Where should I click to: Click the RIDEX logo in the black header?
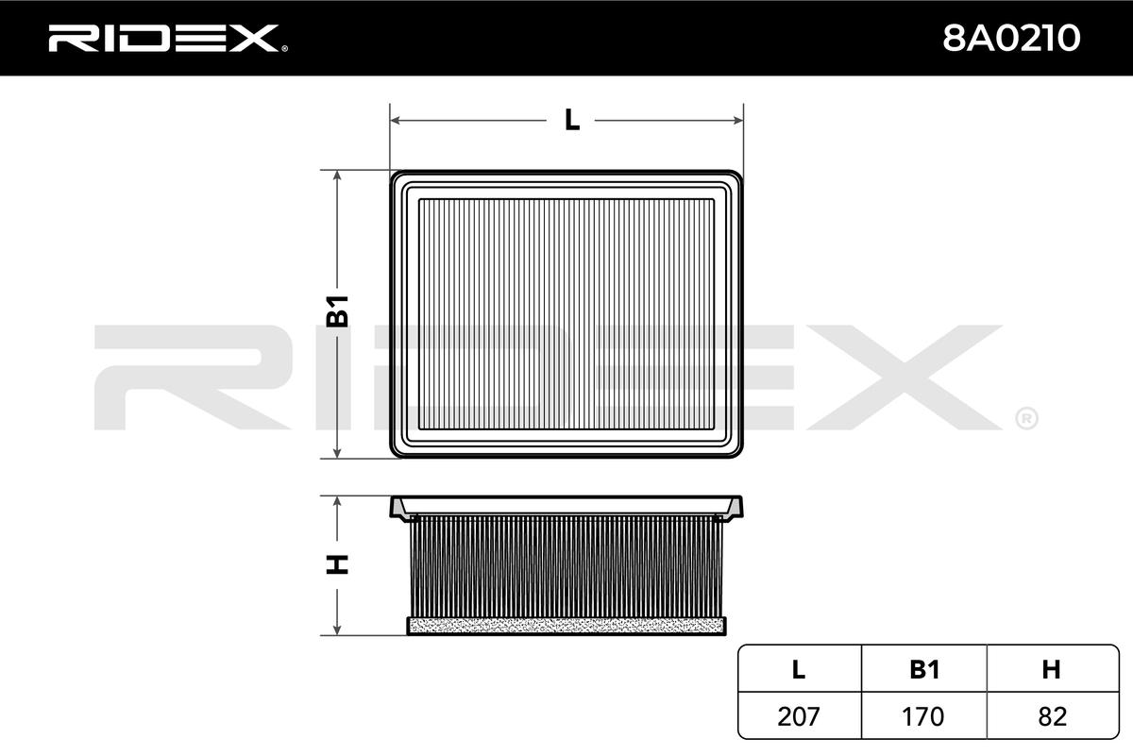point(168,39)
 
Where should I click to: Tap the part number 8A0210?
point(1011,39)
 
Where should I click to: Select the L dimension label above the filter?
point(572,121)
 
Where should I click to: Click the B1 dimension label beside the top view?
point(337,311)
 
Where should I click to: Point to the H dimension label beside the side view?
point(337,564)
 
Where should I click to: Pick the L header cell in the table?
point(799,669)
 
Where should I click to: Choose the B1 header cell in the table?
point(924,669)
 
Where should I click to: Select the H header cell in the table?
point(1051,669)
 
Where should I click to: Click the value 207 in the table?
point(799,716)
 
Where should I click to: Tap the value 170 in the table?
point(923,716)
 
